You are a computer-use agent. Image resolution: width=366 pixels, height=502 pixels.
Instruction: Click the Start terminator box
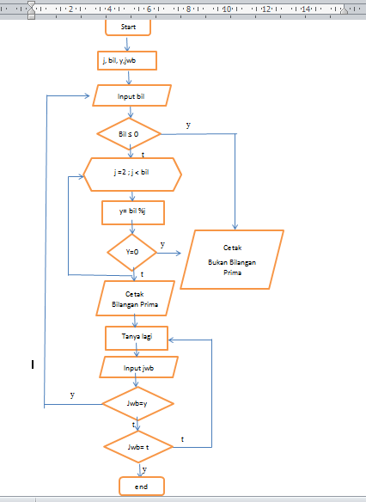tap(128, 27)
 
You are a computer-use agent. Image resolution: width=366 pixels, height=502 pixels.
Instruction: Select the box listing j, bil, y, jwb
tap(128, 60)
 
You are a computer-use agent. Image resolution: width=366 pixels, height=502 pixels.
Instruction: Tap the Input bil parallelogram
tap(131, 95)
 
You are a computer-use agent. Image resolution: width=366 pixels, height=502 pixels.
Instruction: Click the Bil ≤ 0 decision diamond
tap(129, 134)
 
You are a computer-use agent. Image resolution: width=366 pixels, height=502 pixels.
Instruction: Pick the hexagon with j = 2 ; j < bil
tap(131, 173)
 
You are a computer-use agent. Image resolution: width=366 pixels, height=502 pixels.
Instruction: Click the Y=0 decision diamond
tap(132, 253)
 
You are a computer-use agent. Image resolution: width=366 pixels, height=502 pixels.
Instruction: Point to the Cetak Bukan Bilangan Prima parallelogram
tap(232, 258)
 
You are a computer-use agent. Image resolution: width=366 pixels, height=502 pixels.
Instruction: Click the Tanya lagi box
tap(136, 338)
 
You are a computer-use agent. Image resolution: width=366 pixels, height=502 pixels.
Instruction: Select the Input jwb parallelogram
tap(137, 368)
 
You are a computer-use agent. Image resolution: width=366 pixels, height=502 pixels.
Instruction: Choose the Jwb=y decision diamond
tap(137, 403)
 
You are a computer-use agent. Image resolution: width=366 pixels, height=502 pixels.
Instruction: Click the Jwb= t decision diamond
tap(138, 446)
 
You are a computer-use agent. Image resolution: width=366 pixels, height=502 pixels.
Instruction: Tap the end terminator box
tap(141, 487)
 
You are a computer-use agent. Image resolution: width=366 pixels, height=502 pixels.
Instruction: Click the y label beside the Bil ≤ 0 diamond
tap(188, 125)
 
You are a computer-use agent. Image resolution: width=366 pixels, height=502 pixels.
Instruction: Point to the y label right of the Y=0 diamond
tap(162, 244)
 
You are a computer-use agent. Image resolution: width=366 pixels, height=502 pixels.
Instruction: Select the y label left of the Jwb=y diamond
tap(71, 395)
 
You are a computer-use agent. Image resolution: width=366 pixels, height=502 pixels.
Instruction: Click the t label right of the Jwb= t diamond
tap(182, 439)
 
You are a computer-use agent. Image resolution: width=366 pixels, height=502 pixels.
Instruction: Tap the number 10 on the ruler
tap(226, 9)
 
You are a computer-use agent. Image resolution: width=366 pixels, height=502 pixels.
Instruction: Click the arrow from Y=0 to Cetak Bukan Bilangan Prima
tap(169, 253)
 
